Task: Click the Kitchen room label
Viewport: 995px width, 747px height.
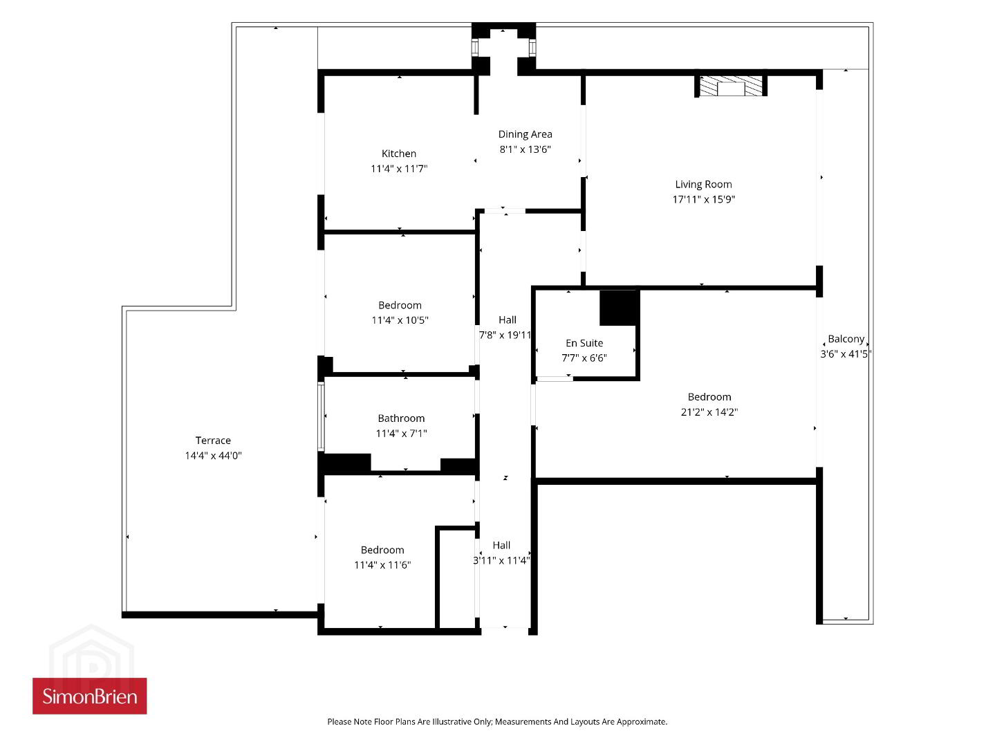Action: (x=398, y=154)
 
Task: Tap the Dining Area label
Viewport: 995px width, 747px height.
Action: (x=525, y=134)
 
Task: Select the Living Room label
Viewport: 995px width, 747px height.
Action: (x=703, y=185)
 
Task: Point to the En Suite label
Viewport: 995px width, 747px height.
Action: (x=584, y=343)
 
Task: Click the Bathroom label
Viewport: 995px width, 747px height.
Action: (x=401, y=418)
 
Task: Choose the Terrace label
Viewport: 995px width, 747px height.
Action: (x=213, y=441)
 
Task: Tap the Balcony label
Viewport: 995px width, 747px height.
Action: (x=846, y=339)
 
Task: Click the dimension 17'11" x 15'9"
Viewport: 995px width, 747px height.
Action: (x=703, y=199)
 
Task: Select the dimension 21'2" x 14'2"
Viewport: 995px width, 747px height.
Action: (x=709, y=412)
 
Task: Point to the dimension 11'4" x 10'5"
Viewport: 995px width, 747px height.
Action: (x=400, y=320)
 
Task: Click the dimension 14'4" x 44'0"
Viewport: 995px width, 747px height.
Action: (x=213, y=456)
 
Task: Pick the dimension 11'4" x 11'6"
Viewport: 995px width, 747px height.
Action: (x=382, y=565)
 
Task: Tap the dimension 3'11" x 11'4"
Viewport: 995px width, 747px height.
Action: (x=501, y=561)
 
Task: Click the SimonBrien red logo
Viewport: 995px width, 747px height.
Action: (x=90, y=696)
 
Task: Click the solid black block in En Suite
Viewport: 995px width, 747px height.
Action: (x=620, y=308)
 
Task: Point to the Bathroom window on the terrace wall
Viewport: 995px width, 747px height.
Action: (x=321, y=416)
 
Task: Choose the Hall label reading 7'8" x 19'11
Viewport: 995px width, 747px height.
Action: (x=506, y=328)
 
